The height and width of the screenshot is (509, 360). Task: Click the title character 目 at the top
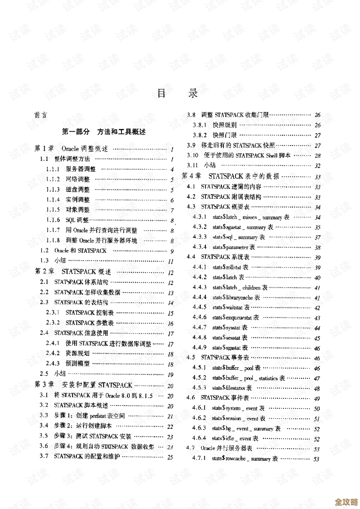click(161, 93)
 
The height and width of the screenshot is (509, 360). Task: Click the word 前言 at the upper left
click(40, 115)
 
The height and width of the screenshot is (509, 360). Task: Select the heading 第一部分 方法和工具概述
click(104, 132)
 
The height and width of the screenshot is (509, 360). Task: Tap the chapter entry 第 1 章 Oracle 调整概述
click(71, 149)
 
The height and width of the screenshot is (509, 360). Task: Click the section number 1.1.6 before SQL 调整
click(53, 220)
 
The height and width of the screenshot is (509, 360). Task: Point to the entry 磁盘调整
click(78, 190)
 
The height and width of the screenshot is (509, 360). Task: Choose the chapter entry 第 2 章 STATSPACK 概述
click(73, 272)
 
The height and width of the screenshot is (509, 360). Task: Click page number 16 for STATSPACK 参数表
click(171, 323)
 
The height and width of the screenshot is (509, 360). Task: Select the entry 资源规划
click(78, 353)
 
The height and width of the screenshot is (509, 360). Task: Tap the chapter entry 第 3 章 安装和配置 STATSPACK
click(83, 385)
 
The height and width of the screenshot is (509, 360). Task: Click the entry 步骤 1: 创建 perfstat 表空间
click(89, 416)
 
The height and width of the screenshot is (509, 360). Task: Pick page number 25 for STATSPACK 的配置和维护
click(170, 457)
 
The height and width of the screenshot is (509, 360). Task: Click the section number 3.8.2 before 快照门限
click(200, 135)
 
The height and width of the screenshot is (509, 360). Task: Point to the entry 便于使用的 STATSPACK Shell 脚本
click(247, 155)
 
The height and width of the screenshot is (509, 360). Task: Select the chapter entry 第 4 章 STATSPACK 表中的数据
click(230, 176)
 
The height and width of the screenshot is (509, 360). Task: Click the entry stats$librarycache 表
click(236, 297)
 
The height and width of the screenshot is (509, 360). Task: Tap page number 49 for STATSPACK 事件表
click(317, 399)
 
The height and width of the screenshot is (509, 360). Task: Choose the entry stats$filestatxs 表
click(232, 388)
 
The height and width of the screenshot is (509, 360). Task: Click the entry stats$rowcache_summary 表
click(245, 458)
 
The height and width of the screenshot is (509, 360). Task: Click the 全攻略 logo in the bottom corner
click(346, 501)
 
